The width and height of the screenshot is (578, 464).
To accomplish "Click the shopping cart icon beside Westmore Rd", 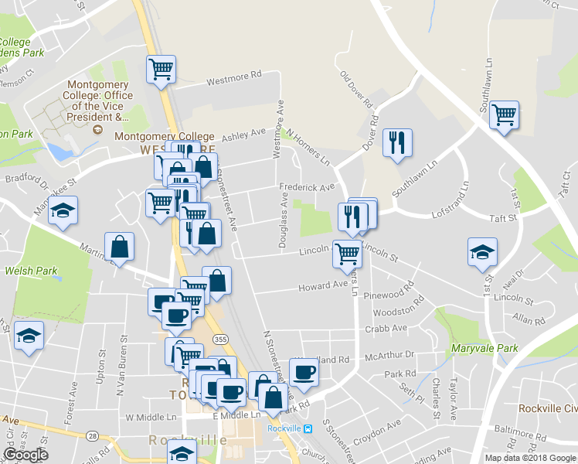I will (x=161, y=70).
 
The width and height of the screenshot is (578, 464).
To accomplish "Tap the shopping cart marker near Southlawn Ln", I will (x=504, y=115).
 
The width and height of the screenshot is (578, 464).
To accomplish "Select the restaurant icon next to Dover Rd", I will (x=397, y=142).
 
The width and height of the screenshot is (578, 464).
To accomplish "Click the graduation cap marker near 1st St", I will (x=482, y=252).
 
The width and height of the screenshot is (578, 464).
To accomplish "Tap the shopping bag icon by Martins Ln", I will (x=120, y=247).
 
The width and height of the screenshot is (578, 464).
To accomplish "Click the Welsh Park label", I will (x=31, y=271).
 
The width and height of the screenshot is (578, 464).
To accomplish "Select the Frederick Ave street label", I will (x=308, y=187).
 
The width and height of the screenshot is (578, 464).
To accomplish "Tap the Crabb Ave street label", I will (x=389, y=328).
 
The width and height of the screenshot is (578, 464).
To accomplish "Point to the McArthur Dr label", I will (x=390, y=355).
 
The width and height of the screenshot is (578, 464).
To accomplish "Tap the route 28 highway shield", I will (x=92, y=437).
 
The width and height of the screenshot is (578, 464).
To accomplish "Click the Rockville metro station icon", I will (x=308, y=428).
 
